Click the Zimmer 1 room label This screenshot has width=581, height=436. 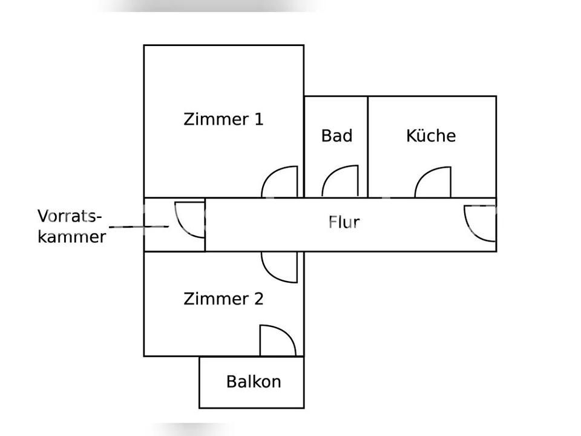point(223,119)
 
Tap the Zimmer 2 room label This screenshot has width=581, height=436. point(223,299)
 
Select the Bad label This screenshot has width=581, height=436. point(337,136)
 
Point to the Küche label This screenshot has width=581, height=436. point(431,135)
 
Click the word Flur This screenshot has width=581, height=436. point(344,222)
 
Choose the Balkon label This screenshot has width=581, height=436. point(254,382)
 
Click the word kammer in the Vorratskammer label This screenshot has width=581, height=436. point(72,237)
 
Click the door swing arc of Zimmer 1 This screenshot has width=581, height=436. point(280,182)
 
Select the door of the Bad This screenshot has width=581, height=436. point(340,181)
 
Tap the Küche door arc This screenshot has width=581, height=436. point(433,182)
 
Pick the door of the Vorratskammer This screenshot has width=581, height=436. point(189,220)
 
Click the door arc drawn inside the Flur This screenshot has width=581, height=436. point(480,223)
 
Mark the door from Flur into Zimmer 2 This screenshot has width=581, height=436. point(280,267)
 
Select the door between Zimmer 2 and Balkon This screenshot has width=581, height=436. point(278,341)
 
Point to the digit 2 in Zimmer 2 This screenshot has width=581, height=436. point(258,299)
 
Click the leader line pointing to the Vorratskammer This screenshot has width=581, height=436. point(139,226)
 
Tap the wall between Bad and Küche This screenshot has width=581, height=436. point(367,147)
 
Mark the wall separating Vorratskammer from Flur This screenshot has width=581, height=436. point(205,225)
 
